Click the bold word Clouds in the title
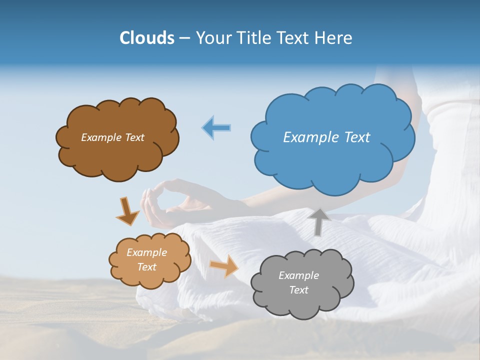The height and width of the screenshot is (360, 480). click(x=146, y=38)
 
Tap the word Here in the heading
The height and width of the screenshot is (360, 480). click(x=334, y=38)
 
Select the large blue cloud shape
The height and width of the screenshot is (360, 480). click(x=332, y=160)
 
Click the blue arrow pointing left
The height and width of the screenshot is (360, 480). click(x=216, y=128)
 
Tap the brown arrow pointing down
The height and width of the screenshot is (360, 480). click(x=127, y=211)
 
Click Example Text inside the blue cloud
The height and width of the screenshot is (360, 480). click(x=326, y=137)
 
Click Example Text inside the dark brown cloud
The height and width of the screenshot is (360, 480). click(x=112, y=137)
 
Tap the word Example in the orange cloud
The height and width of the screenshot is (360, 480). click(x=146, y=252)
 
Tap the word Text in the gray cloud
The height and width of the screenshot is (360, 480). click(x=298, y=290)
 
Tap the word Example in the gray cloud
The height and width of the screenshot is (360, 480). click(x=298, y=275)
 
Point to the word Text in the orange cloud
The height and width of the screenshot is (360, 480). click(x=146, y=267)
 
